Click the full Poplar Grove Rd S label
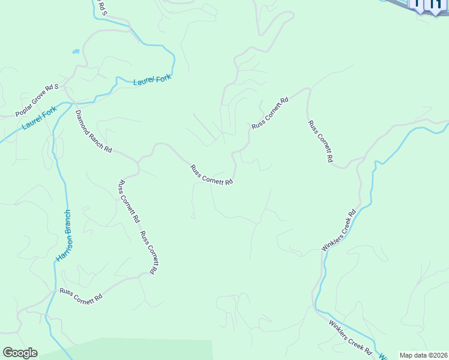click(37, 100)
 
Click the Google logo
click(20, 353)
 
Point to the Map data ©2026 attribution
click(423, 355)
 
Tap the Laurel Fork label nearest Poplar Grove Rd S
click(39, 118)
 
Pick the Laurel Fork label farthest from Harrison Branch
click(152, 79)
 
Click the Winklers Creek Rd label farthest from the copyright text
click(339, 230)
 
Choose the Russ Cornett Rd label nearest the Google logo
click(81, 296)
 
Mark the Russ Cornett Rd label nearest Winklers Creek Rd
click(320, 142)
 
